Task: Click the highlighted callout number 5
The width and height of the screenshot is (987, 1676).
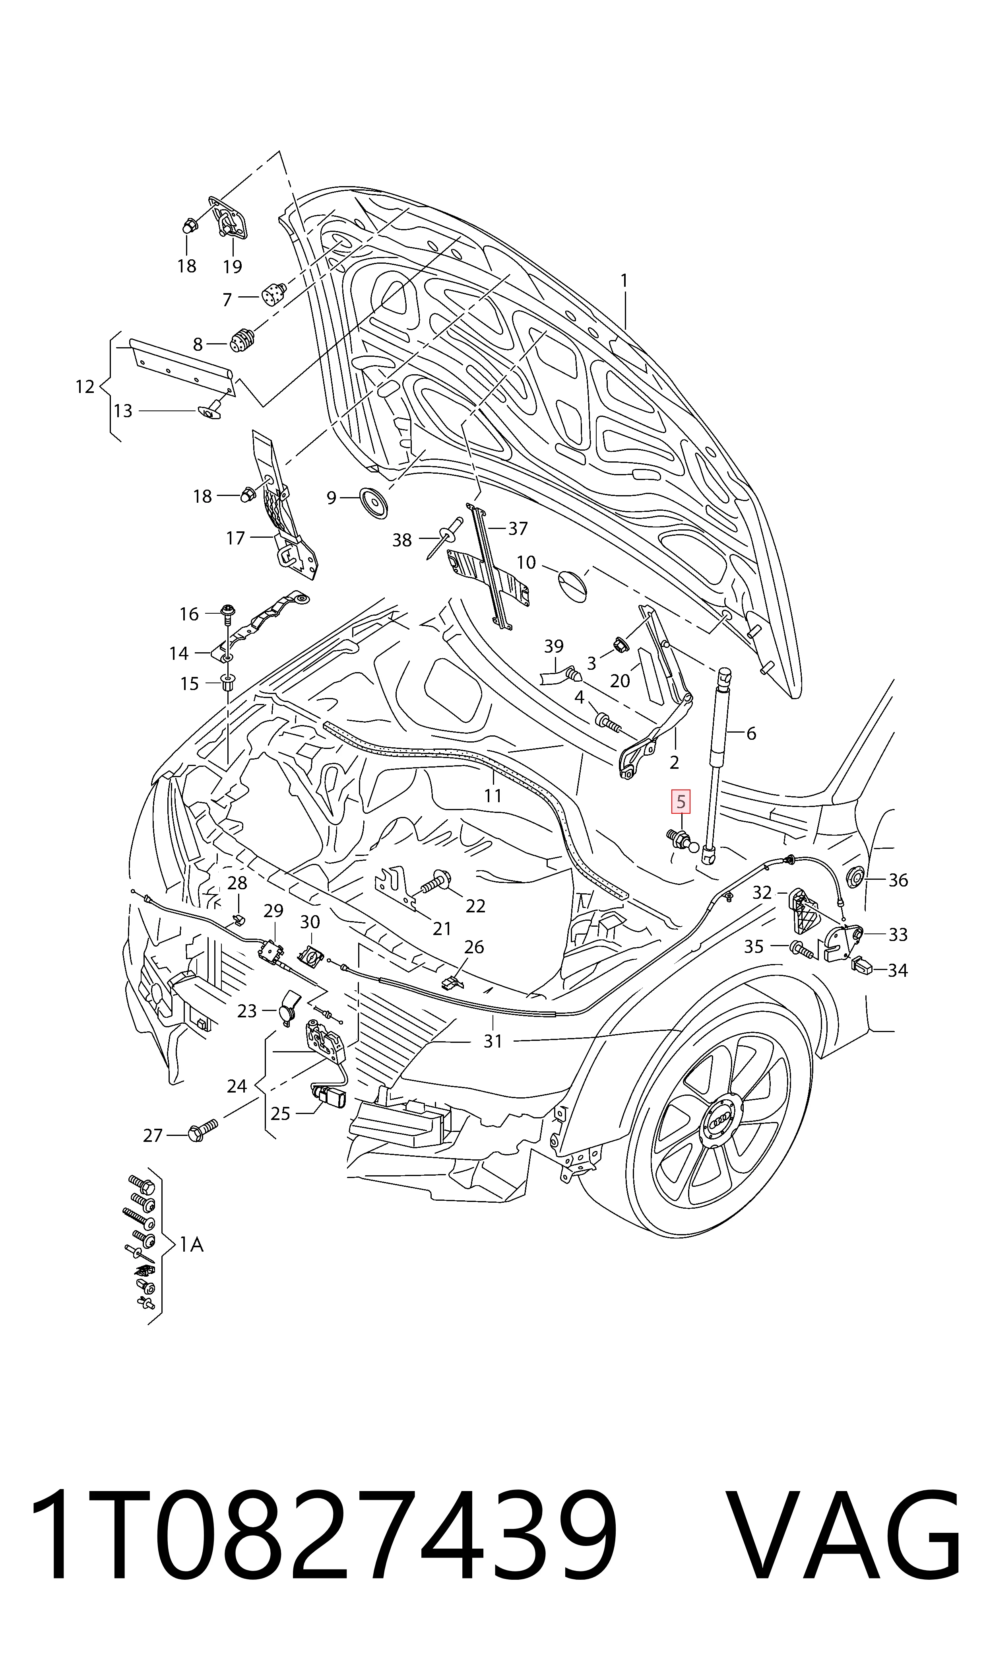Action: point(681,803)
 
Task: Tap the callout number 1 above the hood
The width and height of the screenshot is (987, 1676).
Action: point(624,282)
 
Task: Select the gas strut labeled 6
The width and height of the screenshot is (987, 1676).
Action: point(716,765)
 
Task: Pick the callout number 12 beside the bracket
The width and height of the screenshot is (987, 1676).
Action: point(84,387)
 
